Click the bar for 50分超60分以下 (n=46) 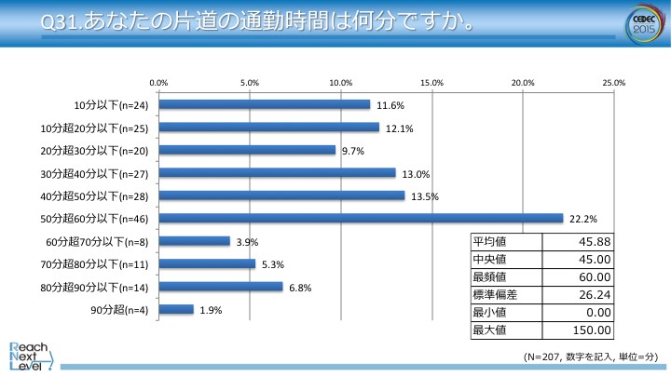[x=361, y=218]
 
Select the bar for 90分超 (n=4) [x=176, y=309]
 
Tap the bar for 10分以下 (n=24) [x=265, y=104]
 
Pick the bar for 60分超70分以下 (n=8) [x=195, y=241]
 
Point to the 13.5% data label [x=423, y=195]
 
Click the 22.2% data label [x=582, y=218]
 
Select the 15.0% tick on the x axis [x=431, y=83]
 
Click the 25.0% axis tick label [x=613, y=83]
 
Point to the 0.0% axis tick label [x=159, y=83]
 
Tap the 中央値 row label [x=490, y=259]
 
